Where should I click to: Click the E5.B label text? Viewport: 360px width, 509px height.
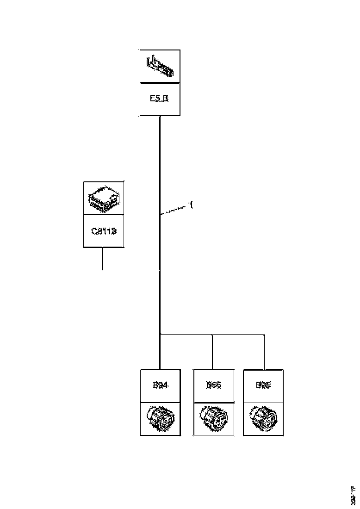pos(160,99)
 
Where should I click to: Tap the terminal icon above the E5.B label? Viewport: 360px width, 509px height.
pos(160,67)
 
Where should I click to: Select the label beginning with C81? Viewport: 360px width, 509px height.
pos(103,230)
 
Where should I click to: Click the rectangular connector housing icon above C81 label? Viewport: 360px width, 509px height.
pos(103,198)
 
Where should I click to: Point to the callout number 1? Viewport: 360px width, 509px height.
pos(191,205)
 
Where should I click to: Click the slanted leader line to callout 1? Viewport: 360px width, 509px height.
pos(173,210)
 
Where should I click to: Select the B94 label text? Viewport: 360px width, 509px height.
pos(160,385)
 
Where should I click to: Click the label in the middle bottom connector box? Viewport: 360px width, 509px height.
pos(213,385)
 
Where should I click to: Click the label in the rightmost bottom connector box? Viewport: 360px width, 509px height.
pos(263,385)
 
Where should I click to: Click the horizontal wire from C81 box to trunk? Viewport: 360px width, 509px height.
pos(131,269)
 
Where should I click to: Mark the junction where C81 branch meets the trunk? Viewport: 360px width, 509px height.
pos(160,269)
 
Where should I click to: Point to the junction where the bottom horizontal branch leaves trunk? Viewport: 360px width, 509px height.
pos(160,334)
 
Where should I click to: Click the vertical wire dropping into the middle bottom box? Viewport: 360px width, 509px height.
pos(212,352)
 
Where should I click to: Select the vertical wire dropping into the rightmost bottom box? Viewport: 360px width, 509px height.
pos(264,352)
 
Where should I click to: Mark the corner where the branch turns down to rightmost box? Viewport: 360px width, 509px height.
pos(264,334)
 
